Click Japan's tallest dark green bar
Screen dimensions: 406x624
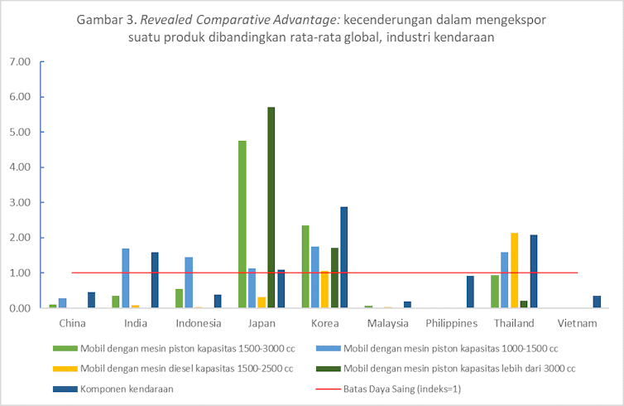coord(271,207)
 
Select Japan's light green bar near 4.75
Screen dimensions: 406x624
coord(242,224)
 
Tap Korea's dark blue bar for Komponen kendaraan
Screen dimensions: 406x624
coord(344,257)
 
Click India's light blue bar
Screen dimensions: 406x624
coord(126,278)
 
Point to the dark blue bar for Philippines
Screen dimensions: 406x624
coord(471,292)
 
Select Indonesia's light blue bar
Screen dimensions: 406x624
coord(189,282)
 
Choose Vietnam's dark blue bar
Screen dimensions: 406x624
coord(597,302)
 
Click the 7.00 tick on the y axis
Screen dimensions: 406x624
coord(18,62)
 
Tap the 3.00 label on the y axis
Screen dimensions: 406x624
coord(18,202)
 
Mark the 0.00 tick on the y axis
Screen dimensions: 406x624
coord(18,308)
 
